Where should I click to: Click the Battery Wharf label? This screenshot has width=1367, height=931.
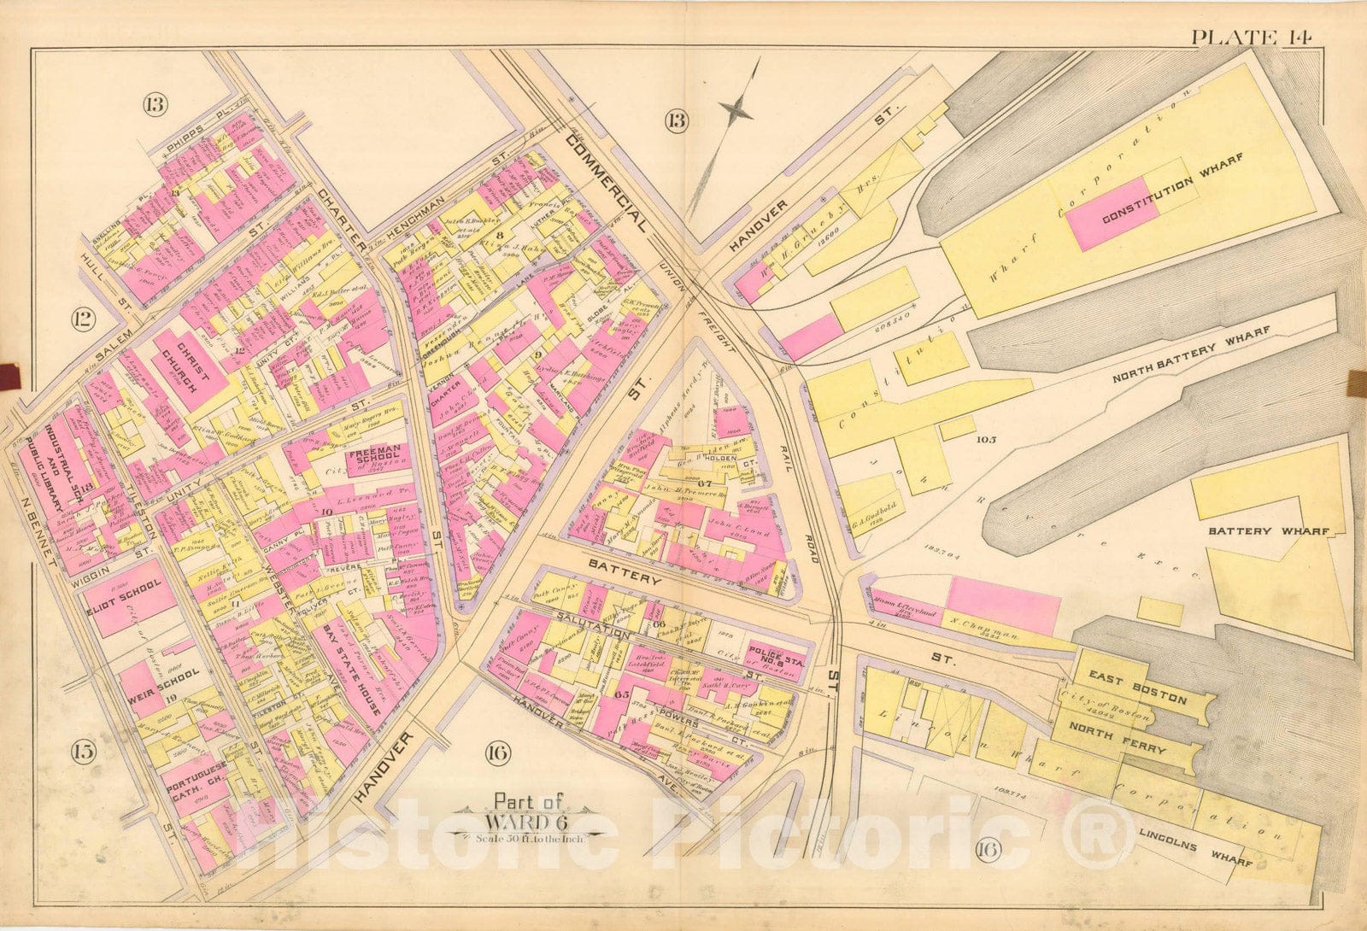(1268, 531)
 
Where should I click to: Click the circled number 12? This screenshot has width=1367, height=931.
(82, 321)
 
